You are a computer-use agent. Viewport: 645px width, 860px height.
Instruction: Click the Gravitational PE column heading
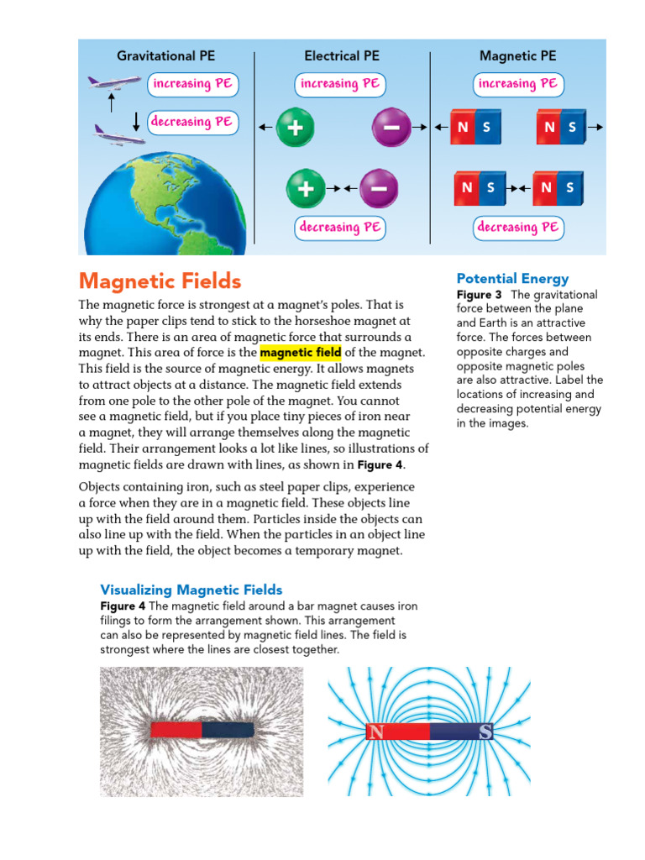pos(165,56)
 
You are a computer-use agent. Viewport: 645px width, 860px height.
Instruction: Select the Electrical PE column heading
pos(341,56)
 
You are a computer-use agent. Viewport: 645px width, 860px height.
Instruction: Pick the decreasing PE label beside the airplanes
pos(191,122)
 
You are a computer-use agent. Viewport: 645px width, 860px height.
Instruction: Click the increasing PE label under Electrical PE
pos(340,84)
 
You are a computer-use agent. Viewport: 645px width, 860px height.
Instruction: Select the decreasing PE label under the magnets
pos(517,227)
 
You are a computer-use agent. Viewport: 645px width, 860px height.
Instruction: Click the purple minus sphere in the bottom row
pos(379,189)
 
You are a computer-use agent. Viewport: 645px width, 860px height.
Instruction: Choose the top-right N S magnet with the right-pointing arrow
pos(561,127)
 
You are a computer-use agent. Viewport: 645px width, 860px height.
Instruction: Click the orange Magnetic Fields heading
pos(160,281)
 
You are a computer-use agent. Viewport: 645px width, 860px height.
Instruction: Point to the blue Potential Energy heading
pos(512,278)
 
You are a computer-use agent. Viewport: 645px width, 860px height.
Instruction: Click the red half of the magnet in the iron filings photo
pos(176,729)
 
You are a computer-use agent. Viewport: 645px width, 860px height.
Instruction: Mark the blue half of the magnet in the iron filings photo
pos(228,729)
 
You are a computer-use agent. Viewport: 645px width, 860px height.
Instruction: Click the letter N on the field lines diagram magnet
pos(375,732)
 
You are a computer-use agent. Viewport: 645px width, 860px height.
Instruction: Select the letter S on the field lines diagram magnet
pos(485,732)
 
